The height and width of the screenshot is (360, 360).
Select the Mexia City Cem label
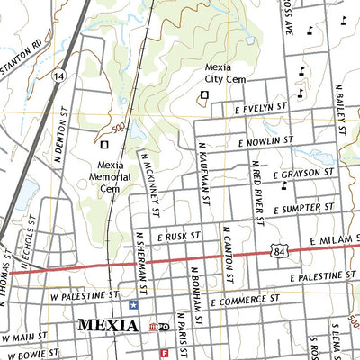(224, 72)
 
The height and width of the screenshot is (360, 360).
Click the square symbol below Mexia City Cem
(204, 94)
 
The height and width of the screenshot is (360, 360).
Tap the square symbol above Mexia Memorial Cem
(104, 144)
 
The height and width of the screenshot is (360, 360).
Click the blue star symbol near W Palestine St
(134, 305)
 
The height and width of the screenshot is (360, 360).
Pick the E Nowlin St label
(265, 141)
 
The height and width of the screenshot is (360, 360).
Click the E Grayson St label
(284, 174)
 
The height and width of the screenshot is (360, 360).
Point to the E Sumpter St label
(290, 207)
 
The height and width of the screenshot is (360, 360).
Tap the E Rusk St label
(176, 236)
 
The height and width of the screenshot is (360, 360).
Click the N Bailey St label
(340, 107)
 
